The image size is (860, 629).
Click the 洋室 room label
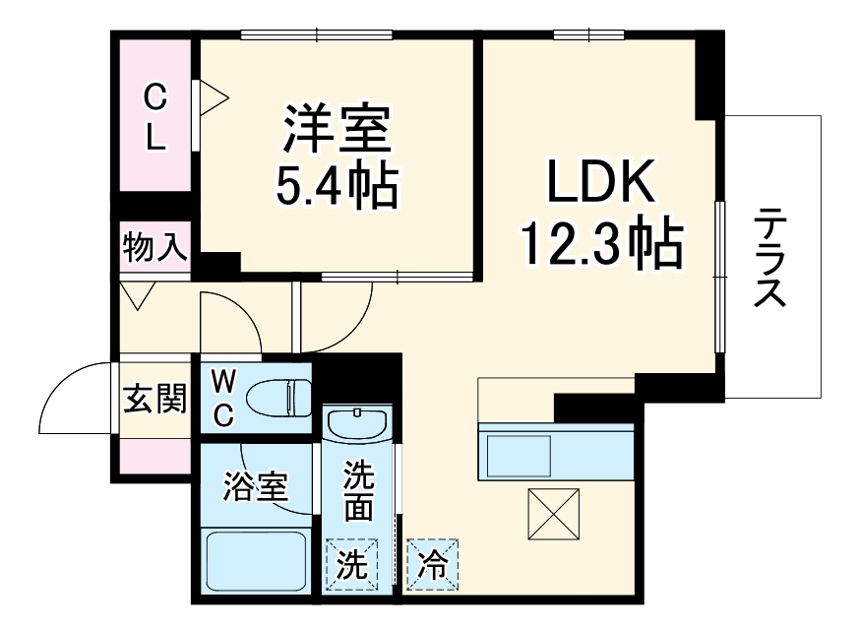[x=338, y=129]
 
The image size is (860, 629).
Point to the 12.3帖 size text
[x=601, y=243]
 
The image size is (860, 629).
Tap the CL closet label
[x=155, y=116]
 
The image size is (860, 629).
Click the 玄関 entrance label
[x=154, y=399]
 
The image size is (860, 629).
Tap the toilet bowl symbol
[x=276, y=399]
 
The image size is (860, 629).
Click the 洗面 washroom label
[x=359, y=492]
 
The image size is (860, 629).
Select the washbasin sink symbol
[x=358, y=425]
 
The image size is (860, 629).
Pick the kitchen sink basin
[x=517, y=456]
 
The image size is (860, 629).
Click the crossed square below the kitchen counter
[x=552, y=511]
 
